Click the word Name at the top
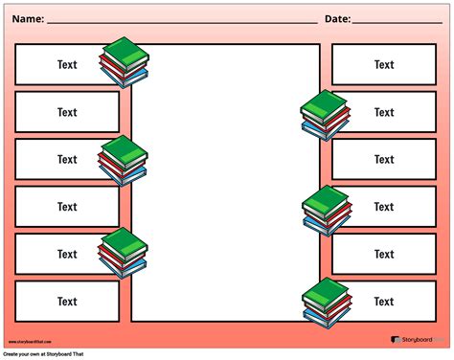(x=27, y=18)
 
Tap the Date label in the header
(x=337, y=18)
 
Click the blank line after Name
(x=182, y=20)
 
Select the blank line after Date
(x=397, y=20)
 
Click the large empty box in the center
(x=226, y=182)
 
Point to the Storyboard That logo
(x=418, y=338)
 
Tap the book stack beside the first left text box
(x=125, y=62)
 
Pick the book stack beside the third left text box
(x=124, y=160)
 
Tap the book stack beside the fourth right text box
(x=327, y=210)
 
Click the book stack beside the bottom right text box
(x=326, y=302)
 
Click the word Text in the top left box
(x=67, y=65)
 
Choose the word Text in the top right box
(x=384, y=65)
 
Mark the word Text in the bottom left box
(x=67, y=302)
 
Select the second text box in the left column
(x=67, y=112)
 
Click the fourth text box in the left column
(x=67, y=207)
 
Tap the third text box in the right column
(x=384, y=160)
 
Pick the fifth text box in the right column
(x=384, y=254)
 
